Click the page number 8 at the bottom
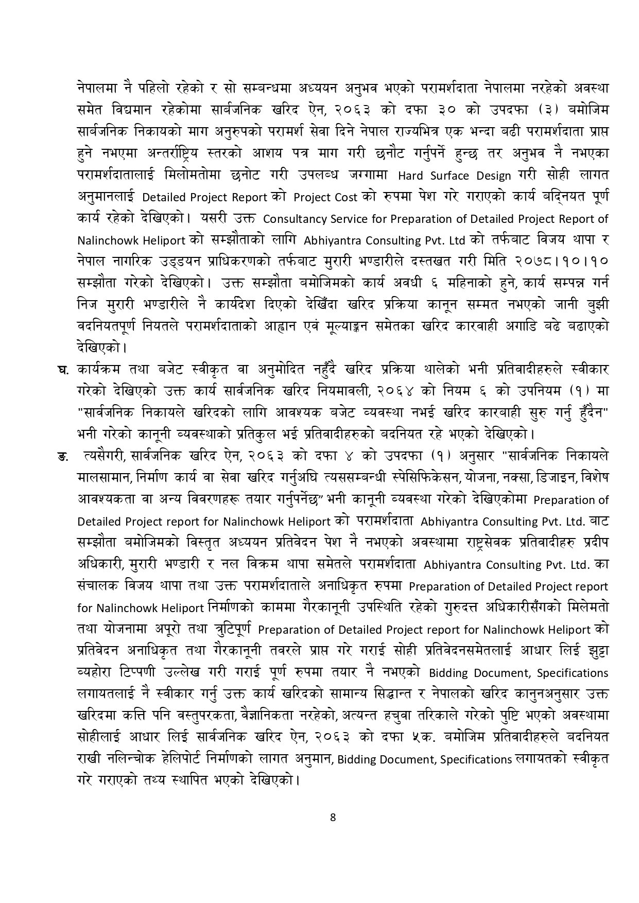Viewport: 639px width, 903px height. point(333,817)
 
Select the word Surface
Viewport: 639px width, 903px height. point(450,176)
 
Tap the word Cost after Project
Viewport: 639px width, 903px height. point(350,197)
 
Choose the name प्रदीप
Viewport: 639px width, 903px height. point(594,543)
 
